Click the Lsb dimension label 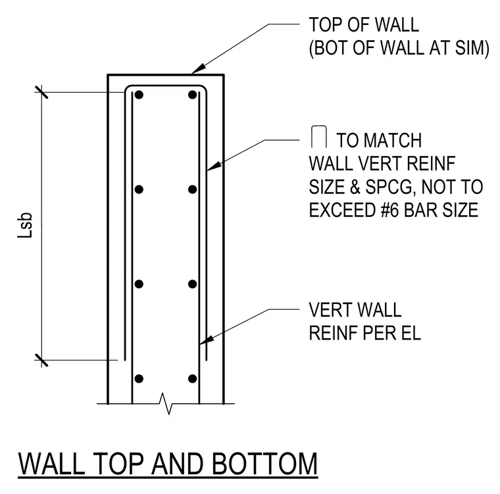click(x=25, y=225)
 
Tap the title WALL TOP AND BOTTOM click(x=168, y=464)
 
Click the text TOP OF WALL click(x=364, y=25)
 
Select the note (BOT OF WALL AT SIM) click(x=399, y=48)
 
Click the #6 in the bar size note click(x=389, y=210)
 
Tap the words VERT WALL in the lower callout click(x=355, y=310)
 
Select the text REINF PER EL click(x=364, y=333)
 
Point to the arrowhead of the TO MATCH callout click(x=213, y=166)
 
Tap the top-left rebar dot click(x=139, y=95)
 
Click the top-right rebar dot click(x=192, y=95)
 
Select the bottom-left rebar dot click(x=139, y=378)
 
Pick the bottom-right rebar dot click(x=192, y=378)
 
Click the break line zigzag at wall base click(x=166, y=404)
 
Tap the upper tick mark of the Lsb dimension click(x=41, y=92)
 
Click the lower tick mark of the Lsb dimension click(x=41, y=360)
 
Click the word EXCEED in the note click(x=342, y=210)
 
